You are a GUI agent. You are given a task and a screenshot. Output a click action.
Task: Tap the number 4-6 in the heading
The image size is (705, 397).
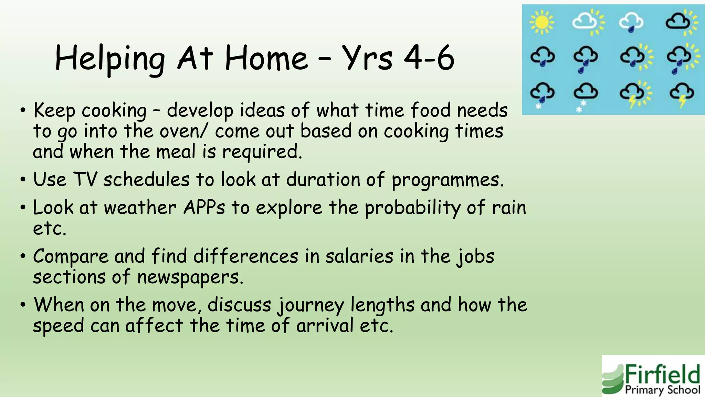[x=429, y=59]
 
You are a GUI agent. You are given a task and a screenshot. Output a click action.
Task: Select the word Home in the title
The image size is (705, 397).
[x=266, y=59]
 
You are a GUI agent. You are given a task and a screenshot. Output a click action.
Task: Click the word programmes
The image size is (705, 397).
[x=448, y=180]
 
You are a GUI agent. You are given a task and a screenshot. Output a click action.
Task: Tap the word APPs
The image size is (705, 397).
[x=204, y=207]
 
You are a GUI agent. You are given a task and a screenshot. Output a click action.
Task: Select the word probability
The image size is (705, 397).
[x=412, y=208]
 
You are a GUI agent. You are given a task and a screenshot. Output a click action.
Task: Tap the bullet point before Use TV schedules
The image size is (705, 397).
[x=23, y=180]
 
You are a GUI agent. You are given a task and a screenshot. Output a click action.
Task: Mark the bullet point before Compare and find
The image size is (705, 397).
[x=23, y=256]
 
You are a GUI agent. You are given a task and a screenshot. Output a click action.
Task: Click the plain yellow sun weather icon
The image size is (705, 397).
[x=541, y=22]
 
